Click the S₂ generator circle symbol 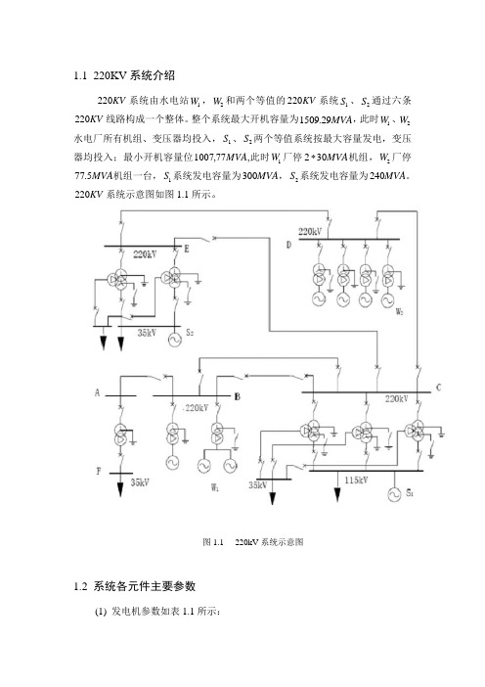[175, 340]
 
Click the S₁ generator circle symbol [394, 494]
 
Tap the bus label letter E [187, 249]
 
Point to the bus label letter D [288, 245]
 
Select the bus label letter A [97, 392]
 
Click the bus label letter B [237, 396]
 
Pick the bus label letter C [438, 388]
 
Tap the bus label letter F [99, 472]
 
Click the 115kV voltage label [356, 481]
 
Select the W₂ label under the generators [399, 311]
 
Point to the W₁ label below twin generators [215, 487]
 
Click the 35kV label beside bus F [140, 482]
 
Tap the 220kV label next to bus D [309, 231]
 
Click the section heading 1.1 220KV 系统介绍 [124, 75]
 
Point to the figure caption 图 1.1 [213, 542]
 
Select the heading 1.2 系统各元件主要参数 [134, 586]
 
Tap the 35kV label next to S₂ [147, 333]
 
